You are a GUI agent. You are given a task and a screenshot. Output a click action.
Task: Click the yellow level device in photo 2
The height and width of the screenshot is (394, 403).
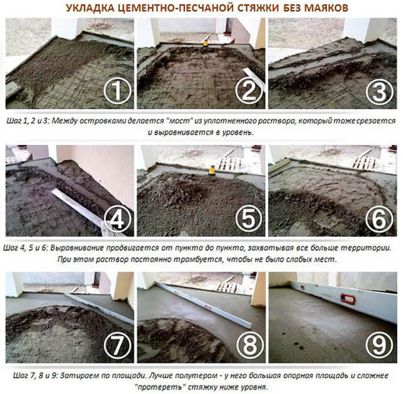click(205, 43)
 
